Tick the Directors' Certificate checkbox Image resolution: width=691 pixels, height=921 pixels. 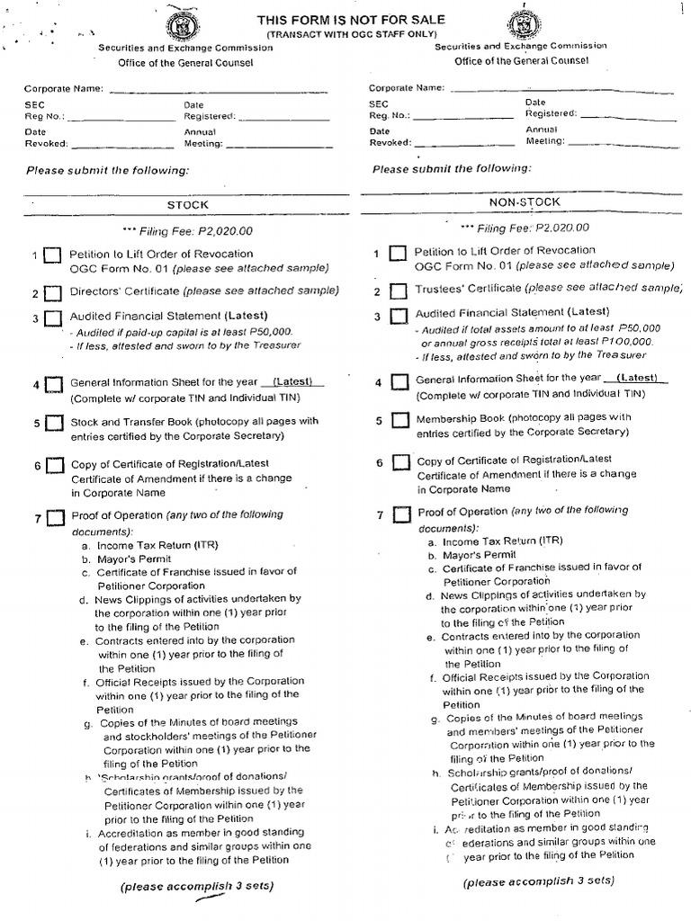click(x=53, y=294)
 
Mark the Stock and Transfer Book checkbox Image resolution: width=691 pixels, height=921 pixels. click(x=55, y=425)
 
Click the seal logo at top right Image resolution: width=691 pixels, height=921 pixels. click(x=525, y=17)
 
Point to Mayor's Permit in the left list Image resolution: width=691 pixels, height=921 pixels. click(x=126, y=558)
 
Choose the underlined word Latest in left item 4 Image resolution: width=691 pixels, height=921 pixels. click(x=293, y=381)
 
